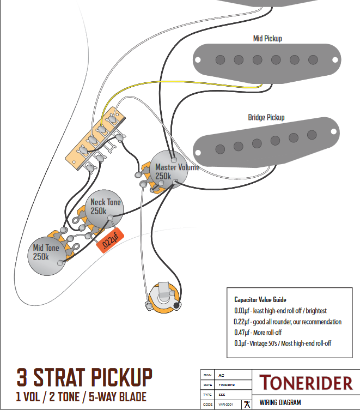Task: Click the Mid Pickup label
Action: tap(267, 38)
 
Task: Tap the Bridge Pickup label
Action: tap(266, 117)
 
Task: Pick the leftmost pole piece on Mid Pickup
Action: tap(219, 58)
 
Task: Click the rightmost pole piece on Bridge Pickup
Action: tap(312, 134)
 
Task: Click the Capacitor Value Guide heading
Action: tap(260, 300)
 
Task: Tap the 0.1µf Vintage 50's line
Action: tap(282, 343)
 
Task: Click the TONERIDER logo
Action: tap(306, 382)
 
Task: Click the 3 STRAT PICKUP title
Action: tap(84, 377)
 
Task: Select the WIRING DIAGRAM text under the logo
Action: tap(280, 403)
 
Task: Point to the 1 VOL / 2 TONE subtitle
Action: tap(81, 396)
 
